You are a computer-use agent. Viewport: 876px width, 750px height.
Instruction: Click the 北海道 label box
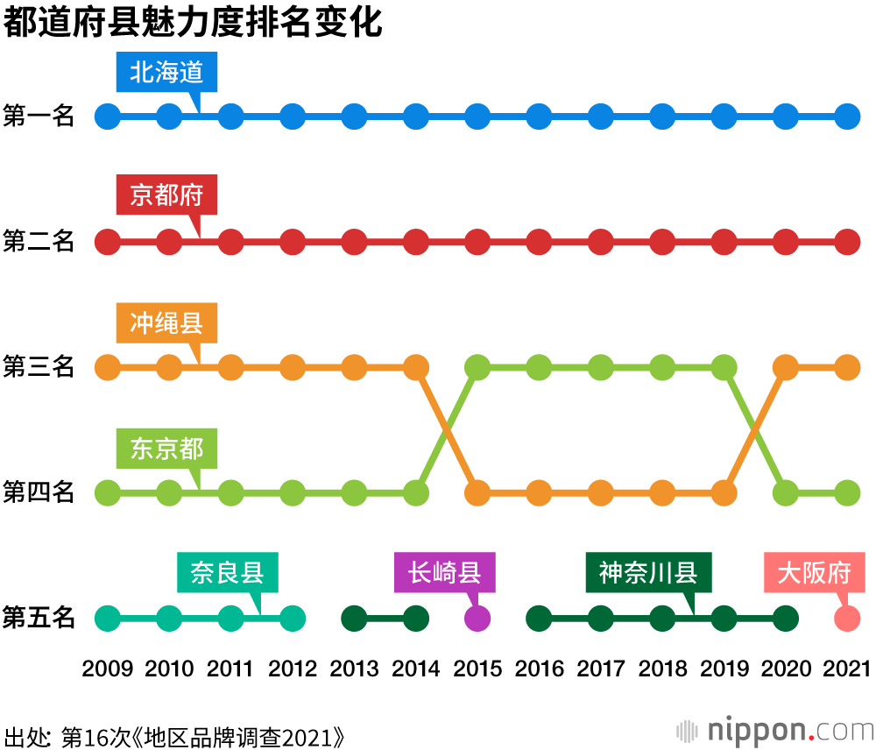pyautogui.click(x=166, y=73)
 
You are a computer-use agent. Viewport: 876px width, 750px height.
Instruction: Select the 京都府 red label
pyautogui.click(x=166, y=195)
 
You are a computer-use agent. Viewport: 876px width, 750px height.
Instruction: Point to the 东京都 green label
pyautogui.click(x=166, y=449)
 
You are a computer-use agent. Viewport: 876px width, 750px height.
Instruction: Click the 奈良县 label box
pyautogui.click(x=227, y=573)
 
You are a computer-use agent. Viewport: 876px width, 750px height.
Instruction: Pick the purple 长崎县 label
pyautogui.click(x=444, y=573)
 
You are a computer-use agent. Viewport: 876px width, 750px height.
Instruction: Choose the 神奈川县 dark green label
pyautogui.click(x=648, y=573)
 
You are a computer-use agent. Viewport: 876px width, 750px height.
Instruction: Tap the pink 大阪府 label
pyautogui.click(x=815, y=573)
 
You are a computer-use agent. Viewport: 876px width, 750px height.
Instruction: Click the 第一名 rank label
pyautogui.click(x=39, y=116)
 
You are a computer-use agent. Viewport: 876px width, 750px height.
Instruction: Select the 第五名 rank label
pyautogui.click(x=39, y=618)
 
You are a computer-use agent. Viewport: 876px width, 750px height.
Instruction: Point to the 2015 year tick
pyautogui.click(x=477, y=669)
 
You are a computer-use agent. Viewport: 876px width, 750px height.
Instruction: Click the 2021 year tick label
pyautogui.click(x=847, y=669)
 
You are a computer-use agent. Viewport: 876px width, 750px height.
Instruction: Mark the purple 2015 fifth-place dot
pyautogui.click(x=477, y=618)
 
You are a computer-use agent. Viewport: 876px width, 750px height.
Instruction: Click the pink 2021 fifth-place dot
pyautogui.click(x=847, y=618)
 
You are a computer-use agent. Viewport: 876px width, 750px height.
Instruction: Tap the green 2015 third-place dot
pyautogui.click(x=477, y=367)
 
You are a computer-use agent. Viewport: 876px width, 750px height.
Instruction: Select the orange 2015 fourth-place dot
pyautogui.click(x=477, y=492)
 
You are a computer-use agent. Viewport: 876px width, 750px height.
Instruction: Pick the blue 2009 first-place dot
pyautogui.click(x=107, y=116)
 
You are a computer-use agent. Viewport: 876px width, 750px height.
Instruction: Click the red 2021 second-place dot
pyautogui.click(x=847, y=241)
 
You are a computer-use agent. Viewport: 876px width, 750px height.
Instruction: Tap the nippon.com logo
pyautogui.click(x=775, y=730)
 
